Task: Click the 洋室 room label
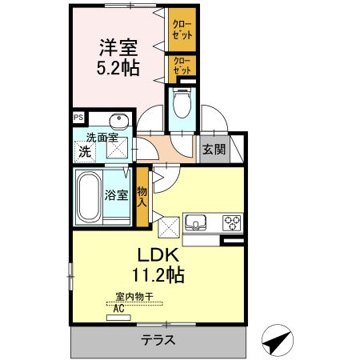(x=118, y=46)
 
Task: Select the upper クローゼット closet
(x=181, y=30)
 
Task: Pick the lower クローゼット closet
(x=181, y=66)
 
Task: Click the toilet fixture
(x=181, y=104)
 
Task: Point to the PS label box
(x=78, y=116)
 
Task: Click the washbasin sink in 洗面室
(x=118, y=122)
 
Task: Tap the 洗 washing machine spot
(x=84, y=150)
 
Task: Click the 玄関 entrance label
(x=212, y=149)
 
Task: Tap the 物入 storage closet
(x=142, y=195)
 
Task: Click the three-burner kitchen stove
(x=232, y=222)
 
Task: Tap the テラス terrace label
(x=158, y=339)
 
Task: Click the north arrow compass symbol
(x=276, y=342)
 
